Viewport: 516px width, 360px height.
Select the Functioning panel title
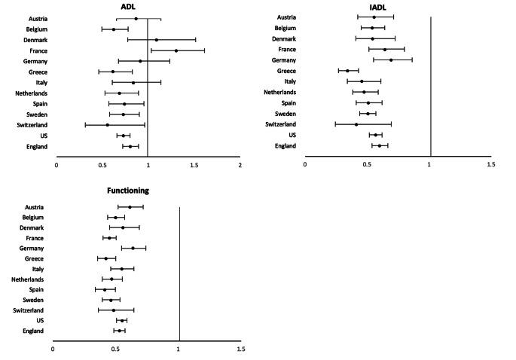(118, 191)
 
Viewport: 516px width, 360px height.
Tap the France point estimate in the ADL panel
(176, 50)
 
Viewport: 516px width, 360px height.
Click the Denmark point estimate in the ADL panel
(157, 39)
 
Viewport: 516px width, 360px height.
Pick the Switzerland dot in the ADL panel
(108, 125)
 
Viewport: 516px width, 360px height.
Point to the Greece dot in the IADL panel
(347, 71)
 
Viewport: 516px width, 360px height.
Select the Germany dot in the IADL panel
(391, 59)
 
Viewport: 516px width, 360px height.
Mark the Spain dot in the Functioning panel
(105, 289)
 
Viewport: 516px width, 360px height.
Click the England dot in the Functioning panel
(119, 331)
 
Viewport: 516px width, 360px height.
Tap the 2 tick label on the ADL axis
(240, 164)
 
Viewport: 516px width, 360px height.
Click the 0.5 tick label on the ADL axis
(102, 164)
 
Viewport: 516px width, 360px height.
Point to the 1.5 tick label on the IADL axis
(491, 164)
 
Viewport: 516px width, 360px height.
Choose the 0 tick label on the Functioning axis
(53, 349)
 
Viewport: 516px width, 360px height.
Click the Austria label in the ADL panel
(38, 18)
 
